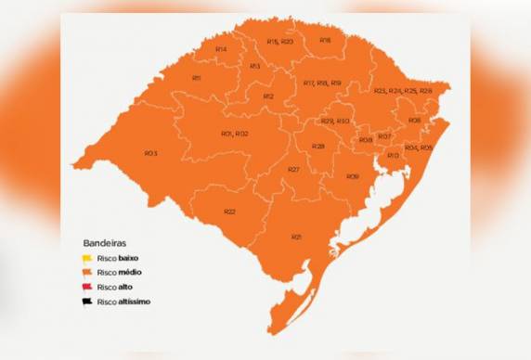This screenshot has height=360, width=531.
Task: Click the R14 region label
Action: [x=220, y=48]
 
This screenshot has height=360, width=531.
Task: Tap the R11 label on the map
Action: [x=196, y=77]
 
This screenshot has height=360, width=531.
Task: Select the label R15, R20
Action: [x=279, y=42]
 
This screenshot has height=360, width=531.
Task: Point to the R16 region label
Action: [x=325, y=40]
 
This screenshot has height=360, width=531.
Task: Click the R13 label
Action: [x=254, y=66]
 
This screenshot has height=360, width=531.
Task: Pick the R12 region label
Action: [x=267, y=96]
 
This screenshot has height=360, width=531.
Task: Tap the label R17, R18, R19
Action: [x=322, y=83]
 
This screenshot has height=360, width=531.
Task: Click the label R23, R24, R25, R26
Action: [x=402, y=91]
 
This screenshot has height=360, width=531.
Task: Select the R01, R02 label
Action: [x=234, y=134]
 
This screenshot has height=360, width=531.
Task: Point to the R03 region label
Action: [x=150, y=152]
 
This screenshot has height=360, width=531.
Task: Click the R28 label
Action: [x=317, y=146]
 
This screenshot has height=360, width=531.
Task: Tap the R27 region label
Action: [x=292, y=169]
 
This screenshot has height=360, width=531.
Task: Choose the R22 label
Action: [x=229, y=212]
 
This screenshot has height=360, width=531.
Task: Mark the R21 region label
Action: [x=296, y=238]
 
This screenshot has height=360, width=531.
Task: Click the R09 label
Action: [x=352, y=176]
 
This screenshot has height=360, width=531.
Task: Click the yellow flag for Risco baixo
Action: [x=86, y=257]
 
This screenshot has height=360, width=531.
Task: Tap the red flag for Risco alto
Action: [x=86, y=287]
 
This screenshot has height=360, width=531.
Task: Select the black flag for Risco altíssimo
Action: [x=86, y=302]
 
